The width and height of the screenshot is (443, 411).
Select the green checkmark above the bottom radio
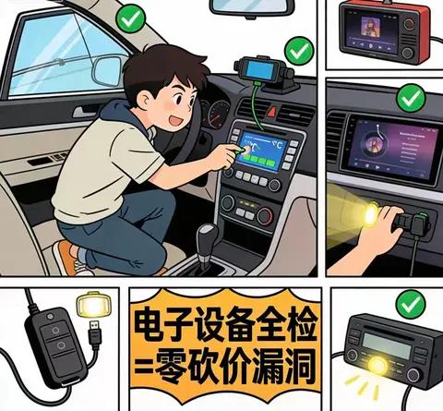click(x=402, y=303)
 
